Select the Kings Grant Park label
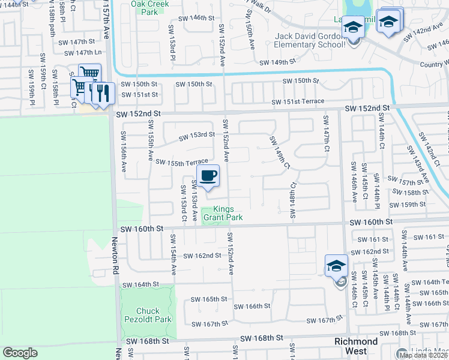coord(223,213)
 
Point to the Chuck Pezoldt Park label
coord(148,315)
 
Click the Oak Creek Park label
coord(150,7)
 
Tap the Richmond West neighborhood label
coord(355,346)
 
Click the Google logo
coord(20,353)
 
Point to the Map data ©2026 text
coord(423,355)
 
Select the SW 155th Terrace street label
coord(181,161)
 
